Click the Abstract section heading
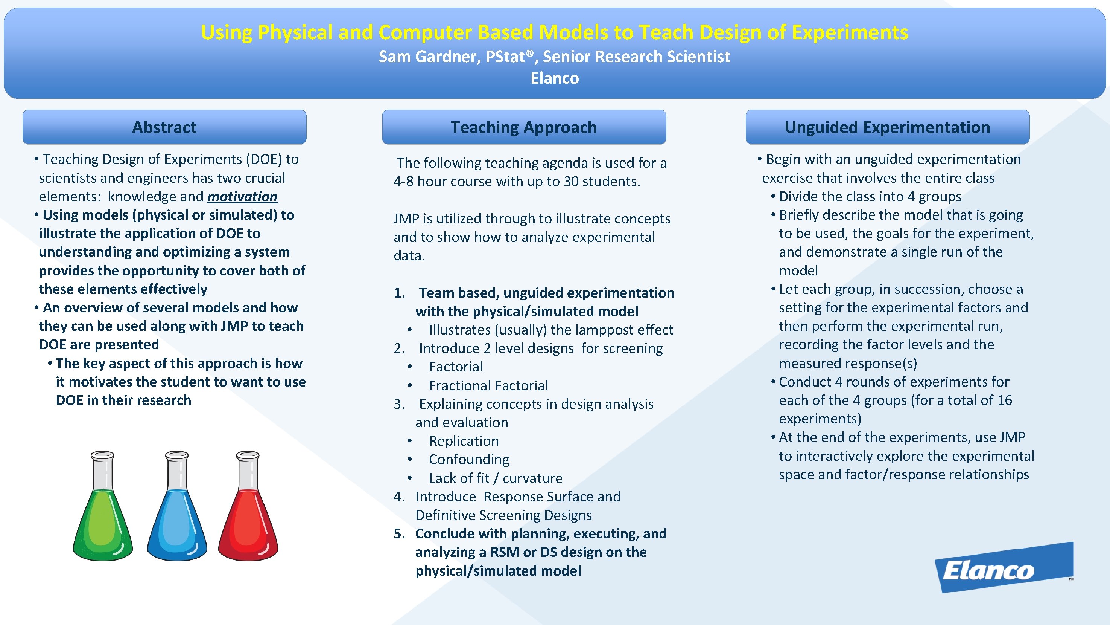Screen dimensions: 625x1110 (x=164, y=127)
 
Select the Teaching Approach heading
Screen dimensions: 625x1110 (x=523, y=127)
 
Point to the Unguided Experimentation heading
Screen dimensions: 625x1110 (x=887, y=127)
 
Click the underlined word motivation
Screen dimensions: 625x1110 (x=242, y=197)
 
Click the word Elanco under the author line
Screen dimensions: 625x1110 (x=555, y=78)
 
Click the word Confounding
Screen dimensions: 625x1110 (x=469, y=460)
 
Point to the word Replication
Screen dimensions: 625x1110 (x=464, y=441)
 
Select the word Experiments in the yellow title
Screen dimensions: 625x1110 (x=850, y=32)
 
